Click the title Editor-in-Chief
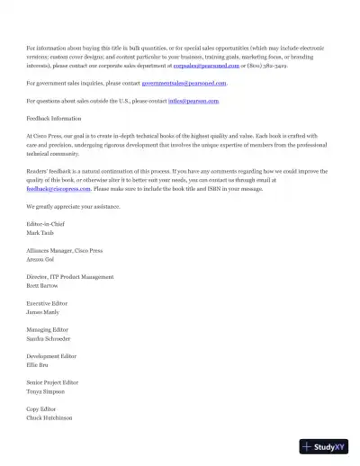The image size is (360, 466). coord(47,224)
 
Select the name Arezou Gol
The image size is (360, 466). coord(42,259)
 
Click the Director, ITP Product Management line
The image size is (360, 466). coord(70,277)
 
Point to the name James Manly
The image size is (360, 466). coord(44,312)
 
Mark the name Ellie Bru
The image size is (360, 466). coord(39,365)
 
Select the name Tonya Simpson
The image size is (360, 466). coord(46,391)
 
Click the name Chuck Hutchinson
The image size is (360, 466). coord(49,418)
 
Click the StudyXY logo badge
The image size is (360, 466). coord(324,447)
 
